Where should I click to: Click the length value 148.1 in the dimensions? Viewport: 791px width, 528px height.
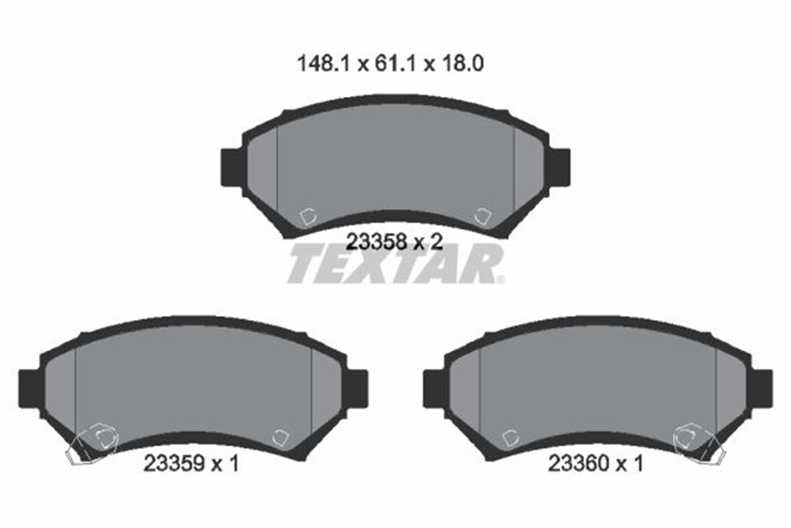324,64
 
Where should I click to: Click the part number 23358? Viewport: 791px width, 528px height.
376,242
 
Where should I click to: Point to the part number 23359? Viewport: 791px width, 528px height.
174,463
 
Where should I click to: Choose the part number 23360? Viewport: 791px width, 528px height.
579,463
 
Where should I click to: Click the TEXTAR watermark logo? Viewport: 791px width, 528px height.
396,263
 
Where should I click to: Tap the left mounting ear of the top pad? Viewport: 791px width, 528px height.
232,167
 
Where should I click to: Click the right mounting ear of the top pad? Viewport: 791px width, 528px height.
560,167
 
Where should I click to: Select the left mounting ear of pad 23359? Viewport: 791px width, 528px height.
30,389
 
